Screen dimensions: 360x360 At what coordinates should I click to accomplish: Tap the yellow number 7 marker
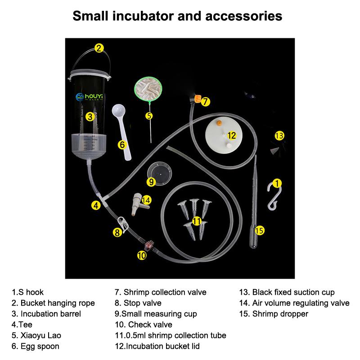(x=205, y=101)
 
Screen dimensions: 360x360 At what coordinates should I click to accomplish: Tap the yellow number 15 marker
(x=259, y=230)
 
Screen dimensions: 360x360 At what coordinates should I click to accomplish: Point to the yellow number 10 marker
(x=142, y=255)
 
